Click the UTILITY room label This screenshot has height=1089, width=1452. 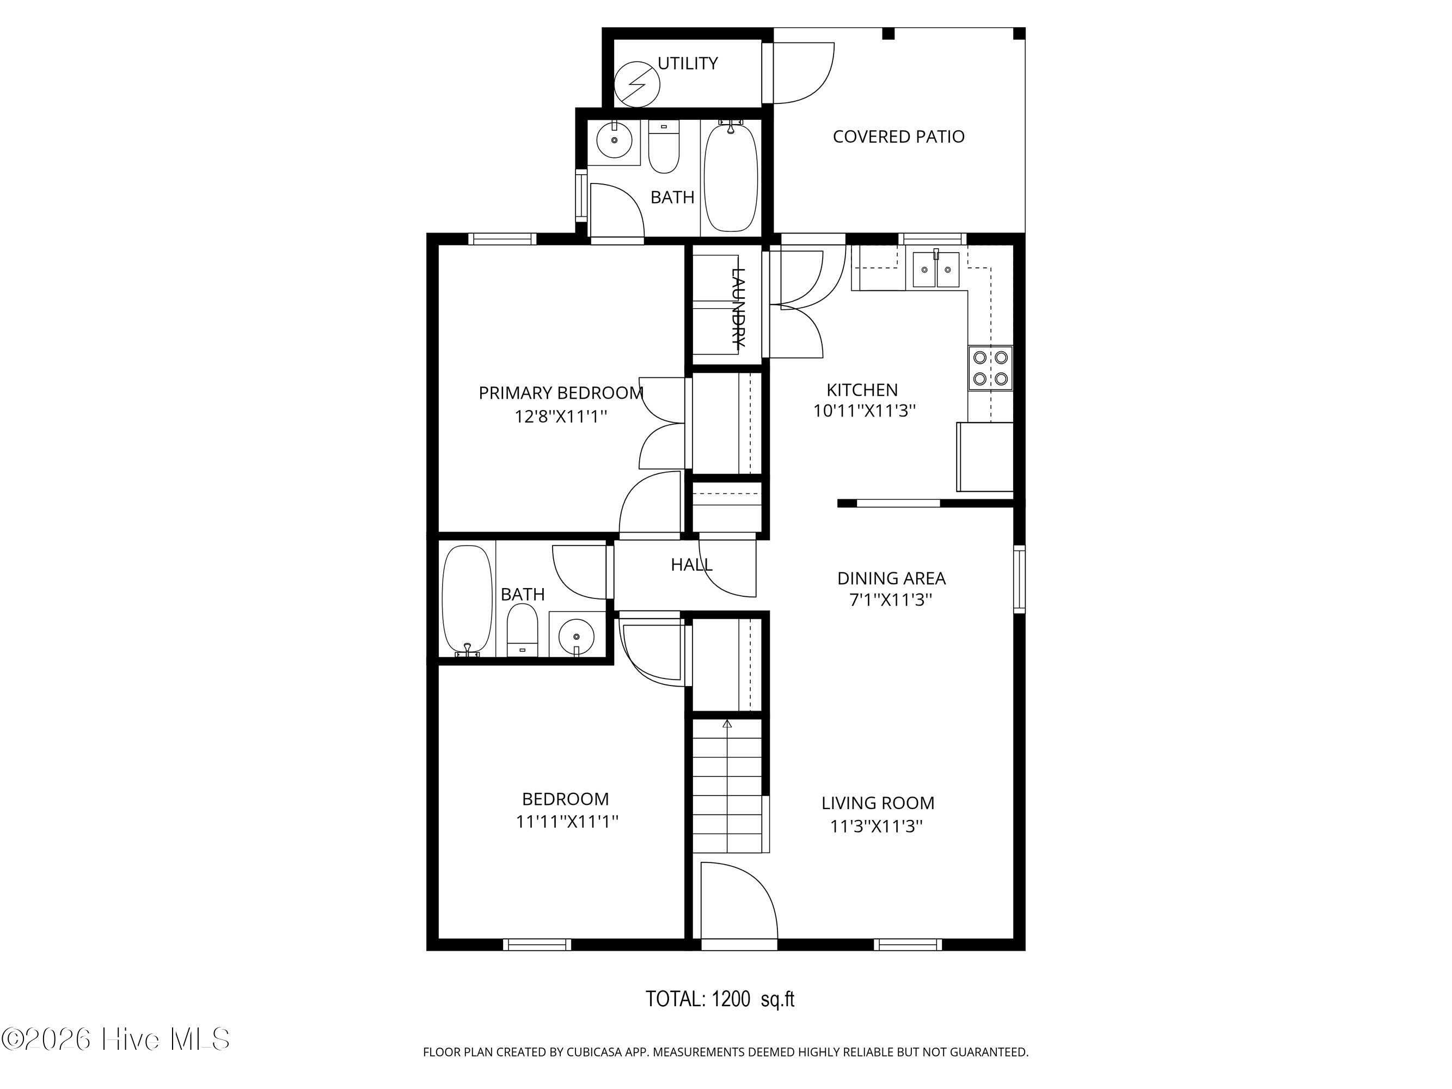point(687,64)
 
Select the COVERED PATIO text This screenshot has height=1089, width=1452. point(898,137)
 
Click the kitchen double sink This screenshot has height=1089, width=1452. point(935,270)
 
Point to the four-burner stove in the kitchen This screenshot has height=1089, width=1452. point(990,368)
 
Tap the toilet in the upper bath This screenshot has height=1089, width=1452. point(664,148)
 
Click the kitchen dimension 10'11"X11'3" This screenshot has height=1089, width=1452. point(864,411)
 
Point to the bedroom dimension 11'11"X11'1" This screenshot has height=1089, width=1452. point(567,821)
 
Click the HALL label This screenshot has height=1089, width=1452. point(691,565)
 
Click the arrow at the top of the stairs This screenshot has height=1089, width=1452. point(727,724)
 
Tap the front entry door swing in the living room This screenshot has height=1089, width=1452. point(738,903)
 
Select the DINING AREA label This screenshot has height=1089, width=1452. point(891,578)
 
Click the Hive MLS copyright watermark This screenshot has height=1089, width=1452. point(115,1039)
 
